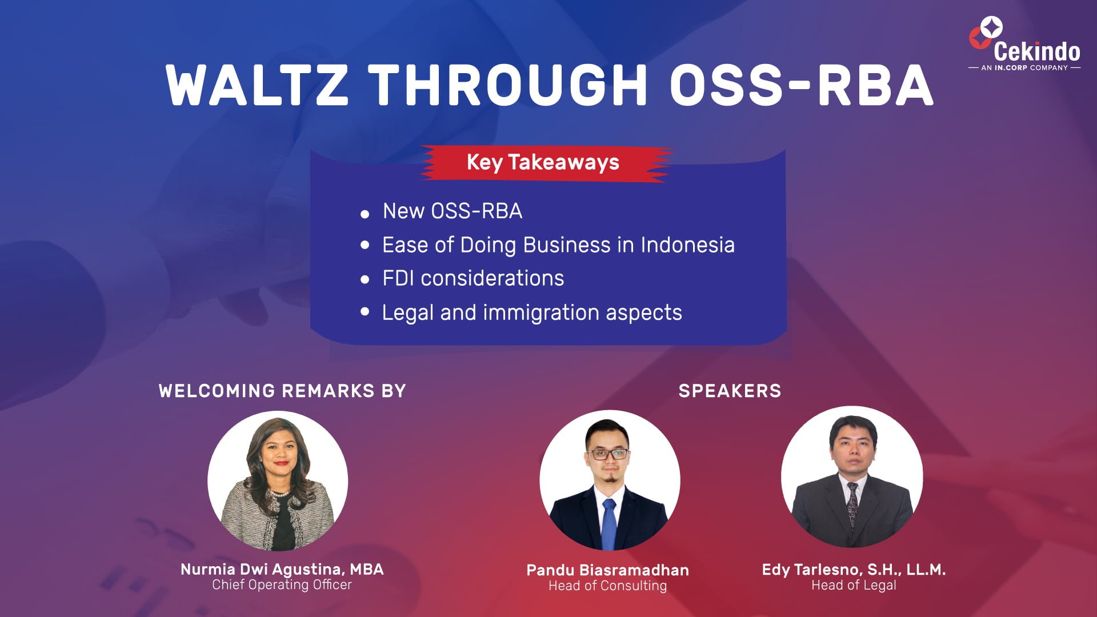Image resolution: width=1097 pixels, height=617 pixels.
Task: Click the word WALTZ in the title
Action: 257,85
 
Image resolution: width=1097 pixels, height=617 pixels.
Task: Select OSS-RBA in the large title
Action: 801,85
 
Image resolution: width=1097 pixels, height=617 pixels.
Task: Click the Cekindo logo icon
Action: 984,33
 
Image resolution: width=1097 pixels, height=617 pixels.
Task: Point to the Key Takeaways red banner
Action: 546,163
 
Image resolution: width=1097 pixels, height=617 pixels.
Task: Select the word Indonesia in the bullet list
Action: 687,245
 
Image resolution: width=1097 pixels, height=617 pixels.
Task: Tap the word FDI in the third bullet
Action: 398,278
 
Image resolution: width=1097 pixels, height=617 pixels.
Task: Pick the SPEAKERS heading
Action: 730,391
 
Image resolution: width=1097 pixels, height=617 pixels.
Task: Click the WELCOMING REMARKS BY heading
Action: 282,391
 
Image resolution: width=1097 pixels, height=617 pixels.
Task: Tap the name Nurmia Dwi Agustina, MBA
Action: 282,570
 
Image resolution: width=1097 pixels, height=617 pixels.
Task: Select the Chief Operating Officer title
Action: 282,585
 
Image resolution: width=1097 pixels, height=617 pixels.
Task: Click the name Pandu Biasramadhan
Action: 608,570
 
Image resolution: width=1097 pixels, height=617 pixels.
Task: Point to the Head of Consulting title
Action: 608,586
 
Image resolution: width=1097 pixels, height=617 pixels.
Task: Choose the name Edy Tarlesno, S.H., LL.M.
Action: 854,570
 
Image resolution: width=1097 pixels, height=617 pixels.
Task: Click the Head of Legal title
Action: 854,585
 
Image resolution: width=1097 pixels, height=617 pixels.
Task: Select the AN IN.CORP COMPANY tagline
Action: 1024,67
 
